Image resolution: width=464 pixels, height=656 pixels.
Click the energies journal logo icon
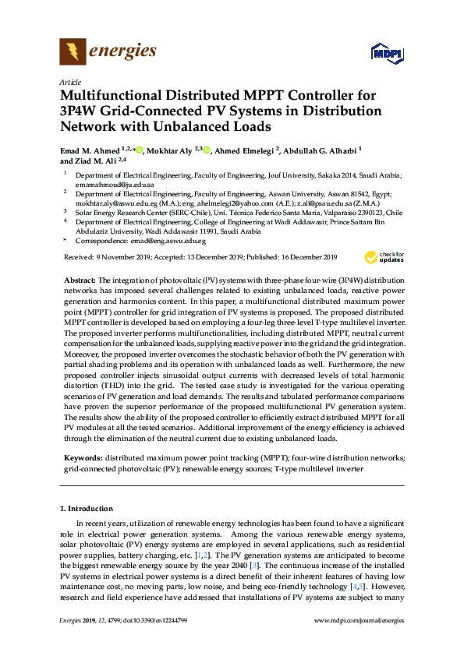tap(73, 52)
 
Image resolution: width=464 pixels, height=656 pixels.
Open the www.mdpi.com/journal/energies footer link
tap(358, 642)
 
